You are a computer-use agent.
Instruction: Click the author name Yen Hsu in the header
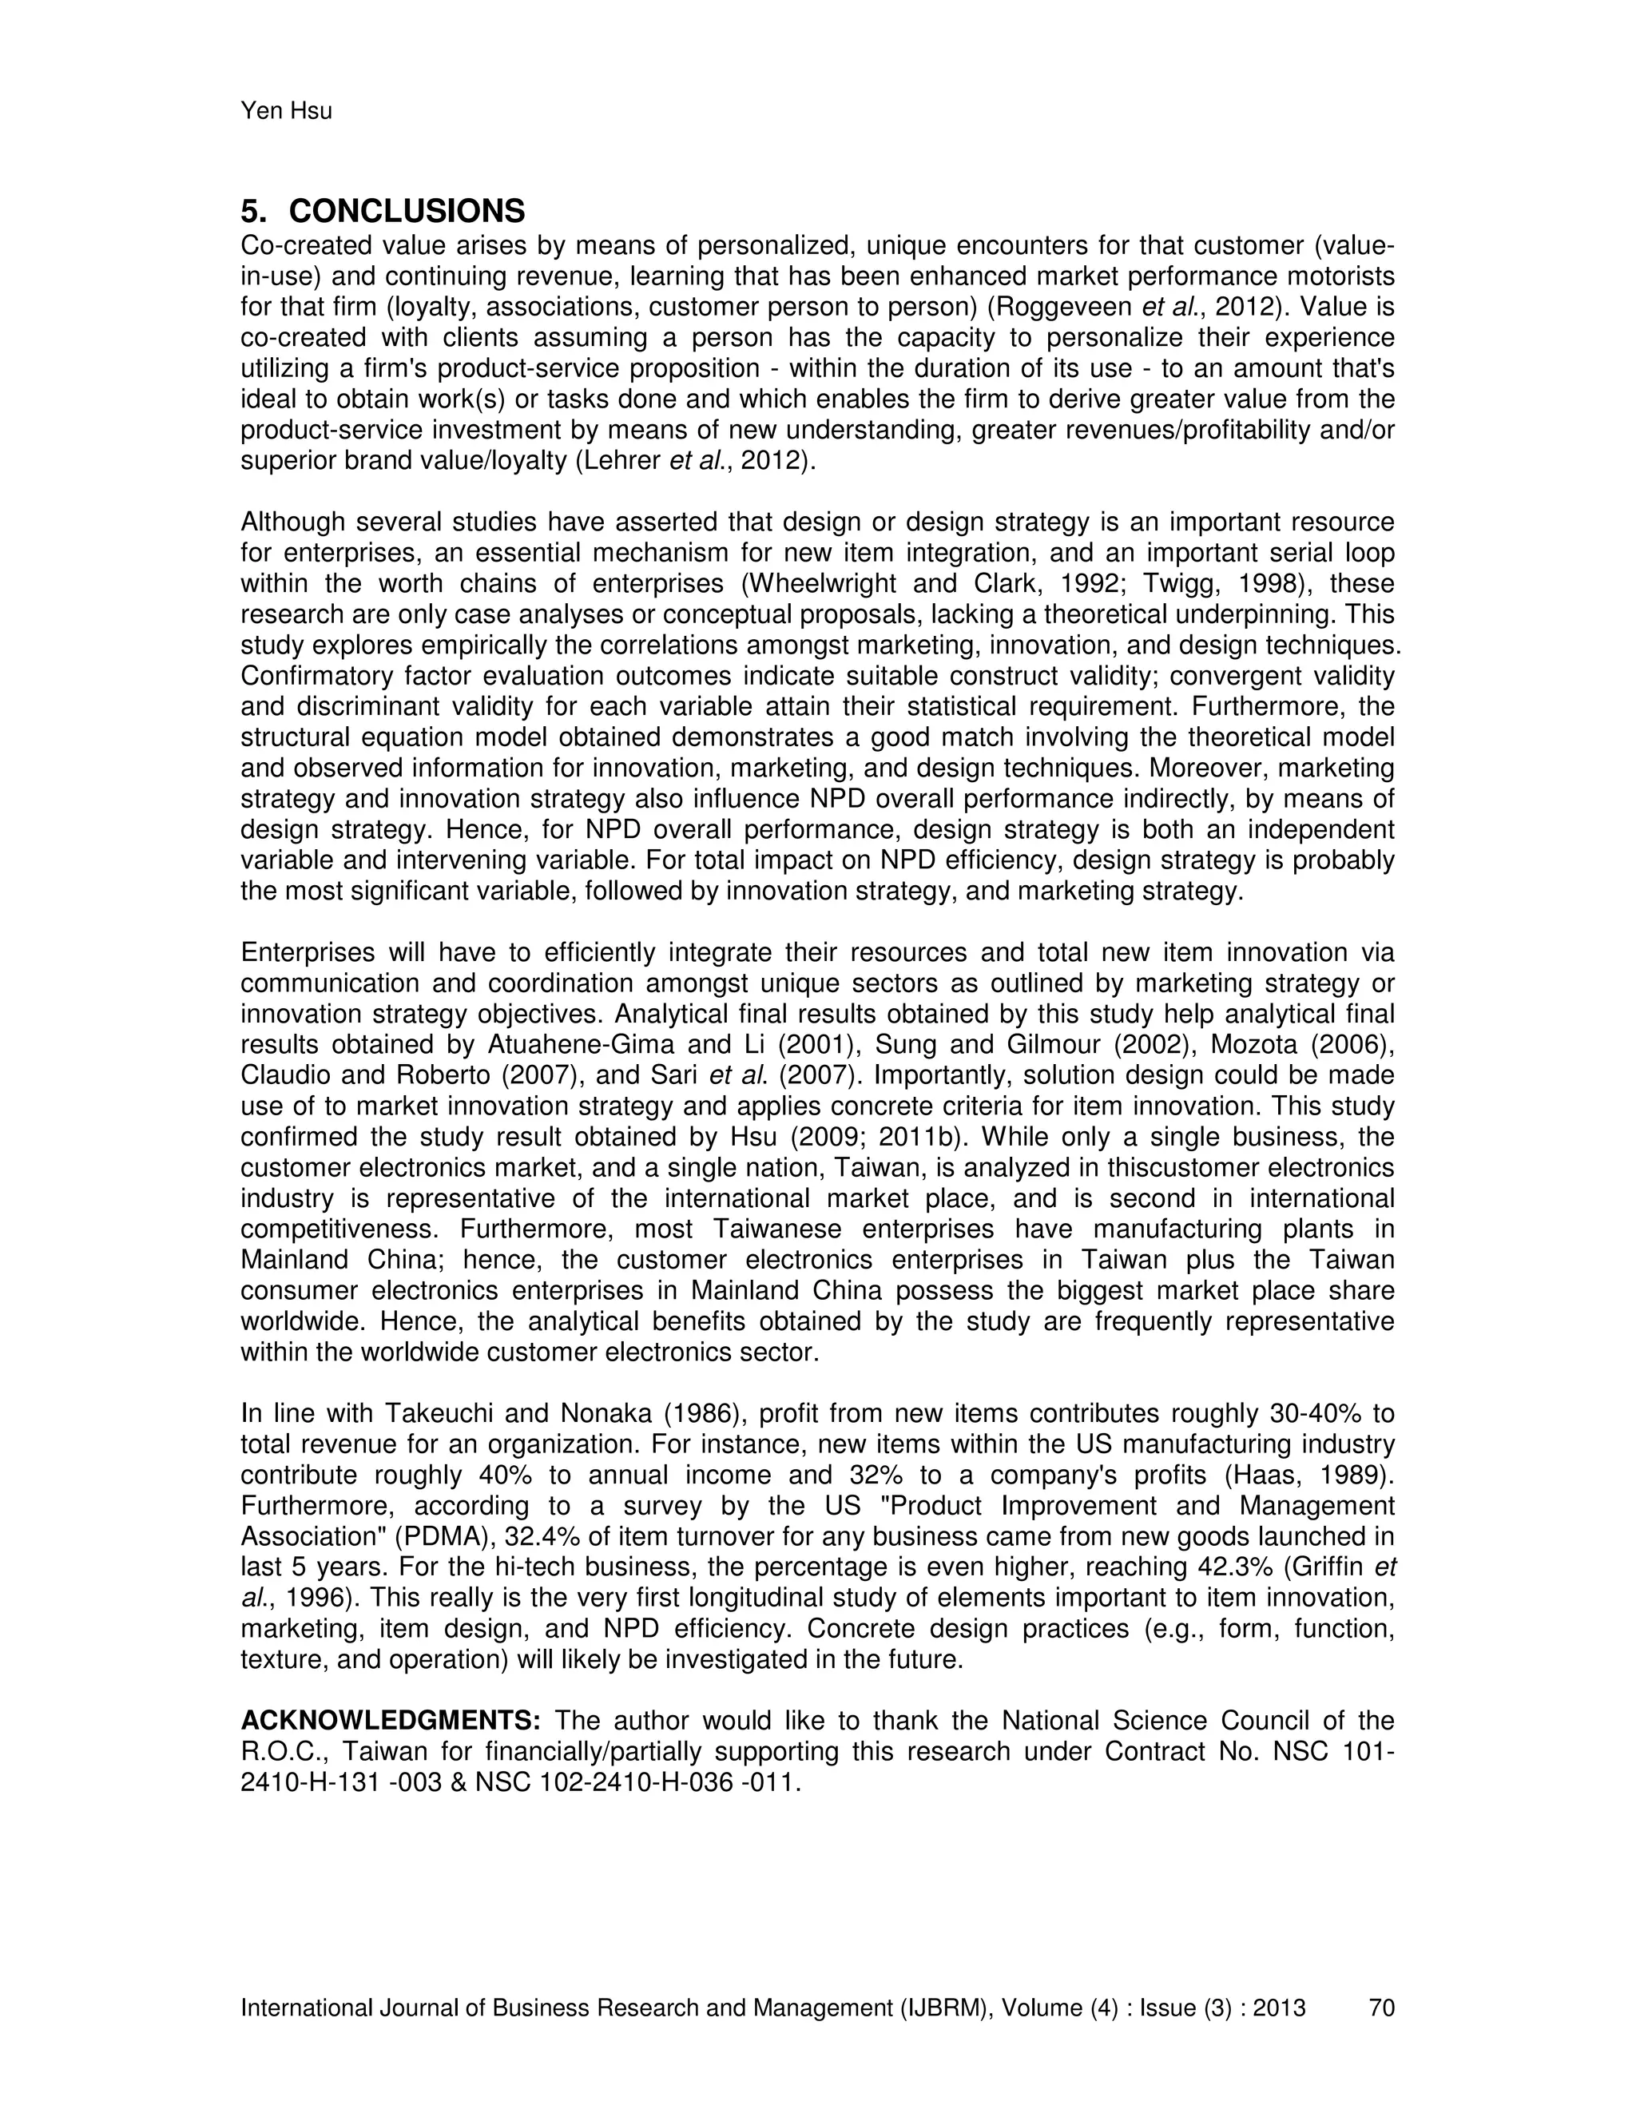click(286, 112)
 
